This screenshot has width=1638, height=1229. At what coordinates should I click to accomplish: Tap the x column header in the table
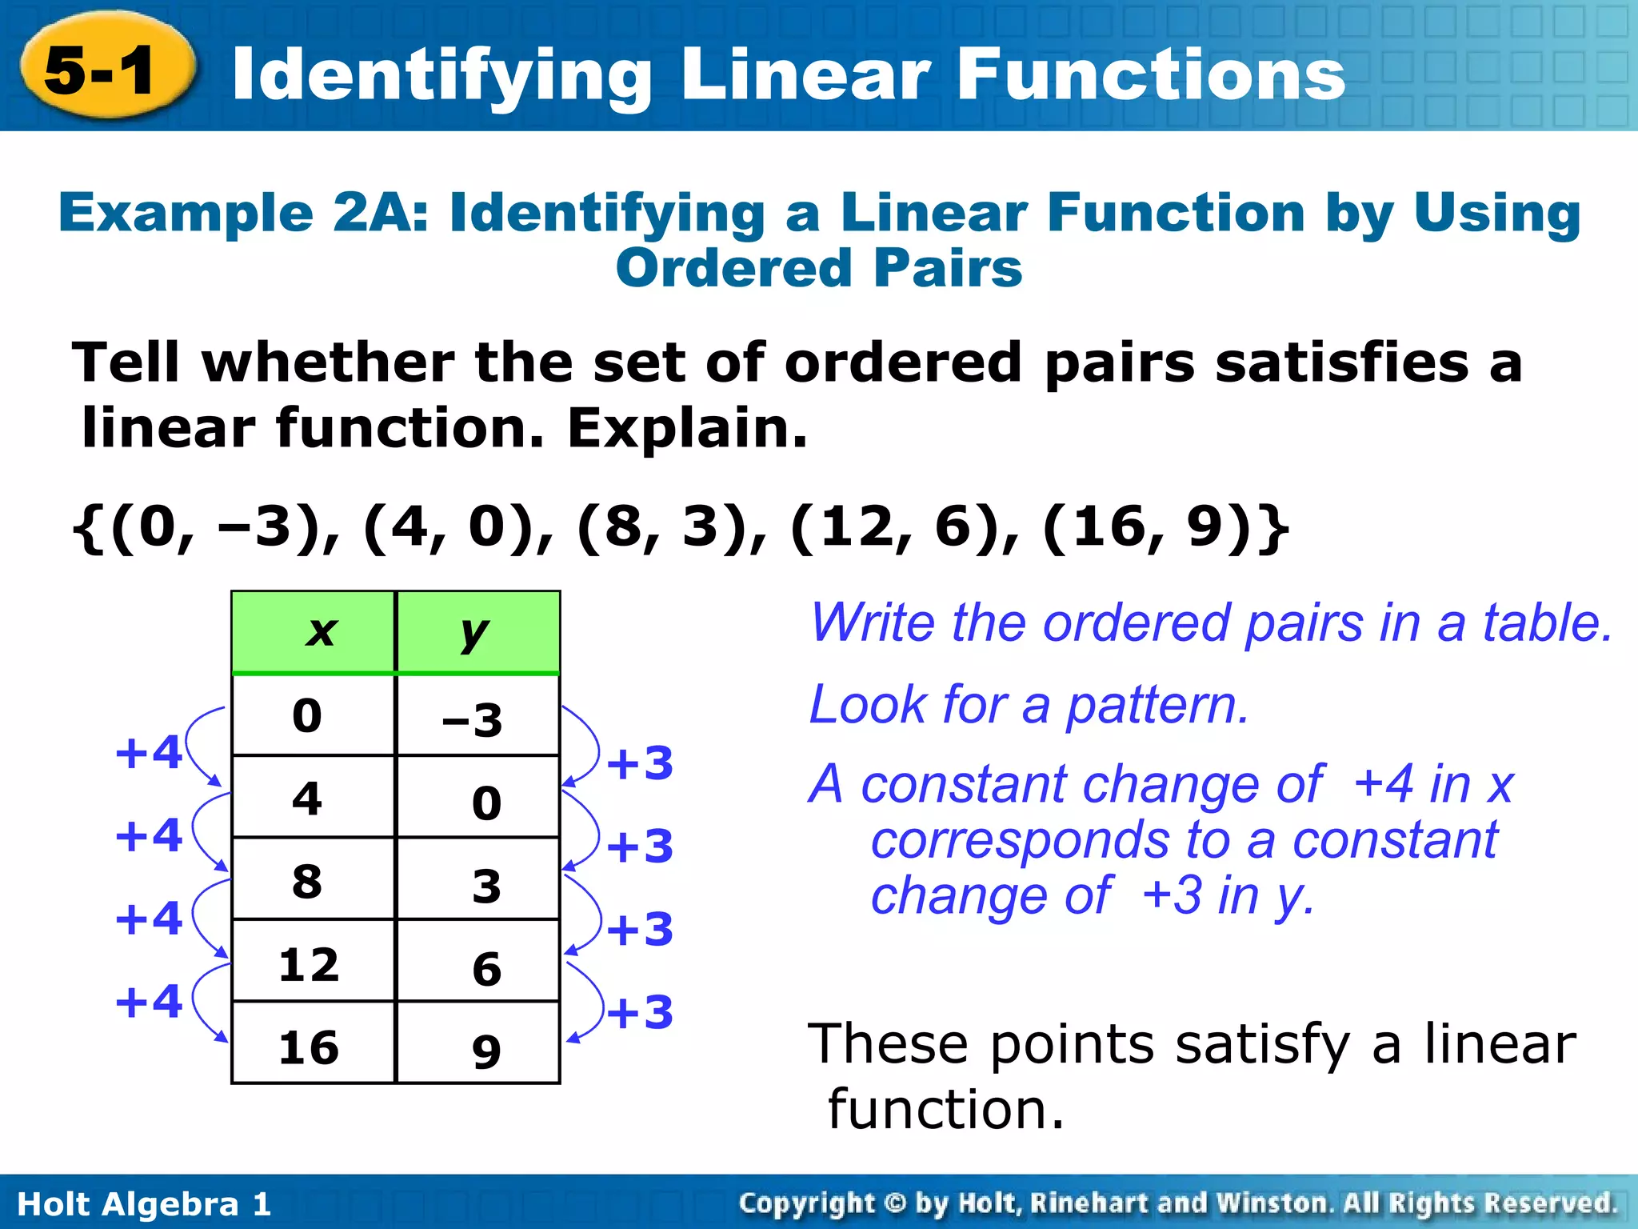tap(321, 632)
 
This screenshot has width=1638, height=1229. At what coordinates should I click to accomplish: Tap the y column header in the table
tap(475, 632)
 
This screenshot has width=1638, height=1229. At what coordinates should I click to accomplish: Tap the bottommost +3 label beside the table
tap(640, 1012)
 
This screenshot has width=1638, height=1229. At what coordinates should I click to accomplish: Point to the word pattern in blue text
tap(1157, 706)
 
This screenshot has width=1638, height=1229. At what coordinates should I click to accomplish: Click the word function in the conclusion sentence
tap(946, 1110)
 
